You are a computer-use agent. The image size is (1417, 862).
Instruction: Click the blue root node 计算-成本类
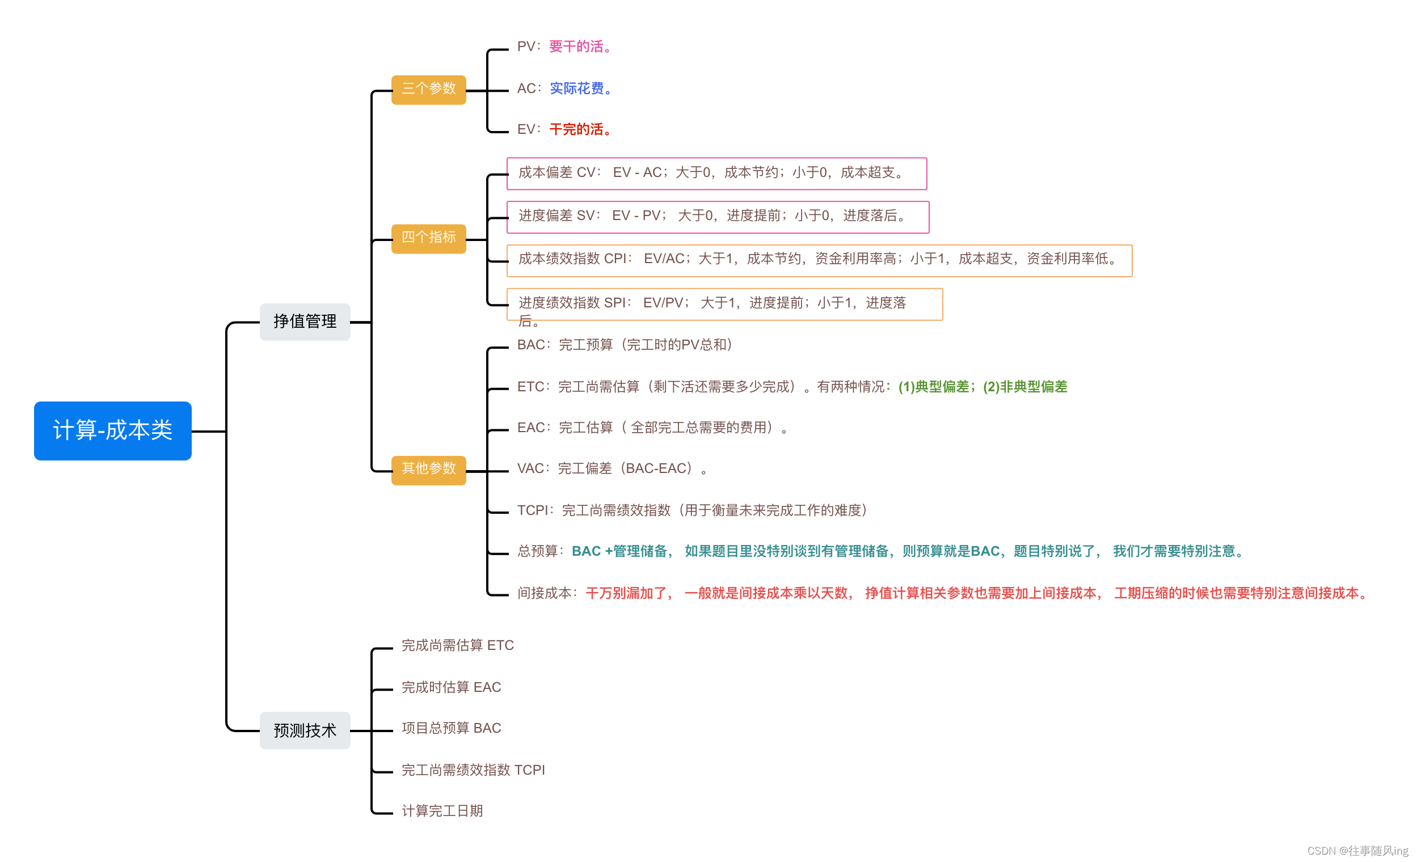click(113, 430)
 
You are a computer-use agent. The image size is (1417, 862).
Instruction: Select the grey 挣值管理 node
click(305, 322)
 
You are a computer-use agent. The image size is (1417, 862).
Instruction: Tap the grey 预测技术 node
click(305, 730)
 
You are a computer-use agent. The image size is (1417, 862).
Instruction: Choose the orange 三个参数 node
click(428, 88)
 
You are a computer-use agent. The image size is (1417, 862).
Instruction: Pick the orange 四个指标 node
click(428, 238)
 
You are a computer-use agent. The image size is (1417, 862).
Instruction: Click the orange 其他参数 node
click(428, 468)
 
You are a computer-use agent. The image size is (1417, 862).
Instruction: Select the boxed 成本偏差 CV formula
click(716, 173)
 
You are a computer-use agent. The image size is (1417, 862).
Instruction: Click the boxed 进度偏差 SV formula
click(717, 216)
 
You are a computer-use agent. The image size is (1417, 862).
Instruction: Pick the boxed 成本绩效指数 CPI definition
click(819, 259)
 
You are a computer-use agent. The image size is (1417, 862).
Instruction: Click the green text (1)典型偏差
click(934, 387)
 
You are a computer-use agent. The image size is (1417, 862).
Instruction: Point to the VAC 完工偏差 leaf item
click(613, 468)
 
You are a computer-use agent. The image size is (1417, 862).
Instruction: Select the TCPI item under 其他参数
click(693, 510)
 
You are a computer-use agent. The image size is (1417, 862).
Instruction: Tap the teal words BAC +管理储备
click(620, 551)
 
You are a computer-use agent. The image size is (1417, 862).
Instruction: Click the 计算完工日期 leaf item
click(442, 811)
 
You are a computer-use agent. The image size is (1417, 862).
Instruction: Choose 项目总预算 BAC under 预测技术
click(451, 728)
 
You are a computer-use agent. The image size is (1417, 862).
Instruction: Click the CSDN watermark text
click(1357, 851)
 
